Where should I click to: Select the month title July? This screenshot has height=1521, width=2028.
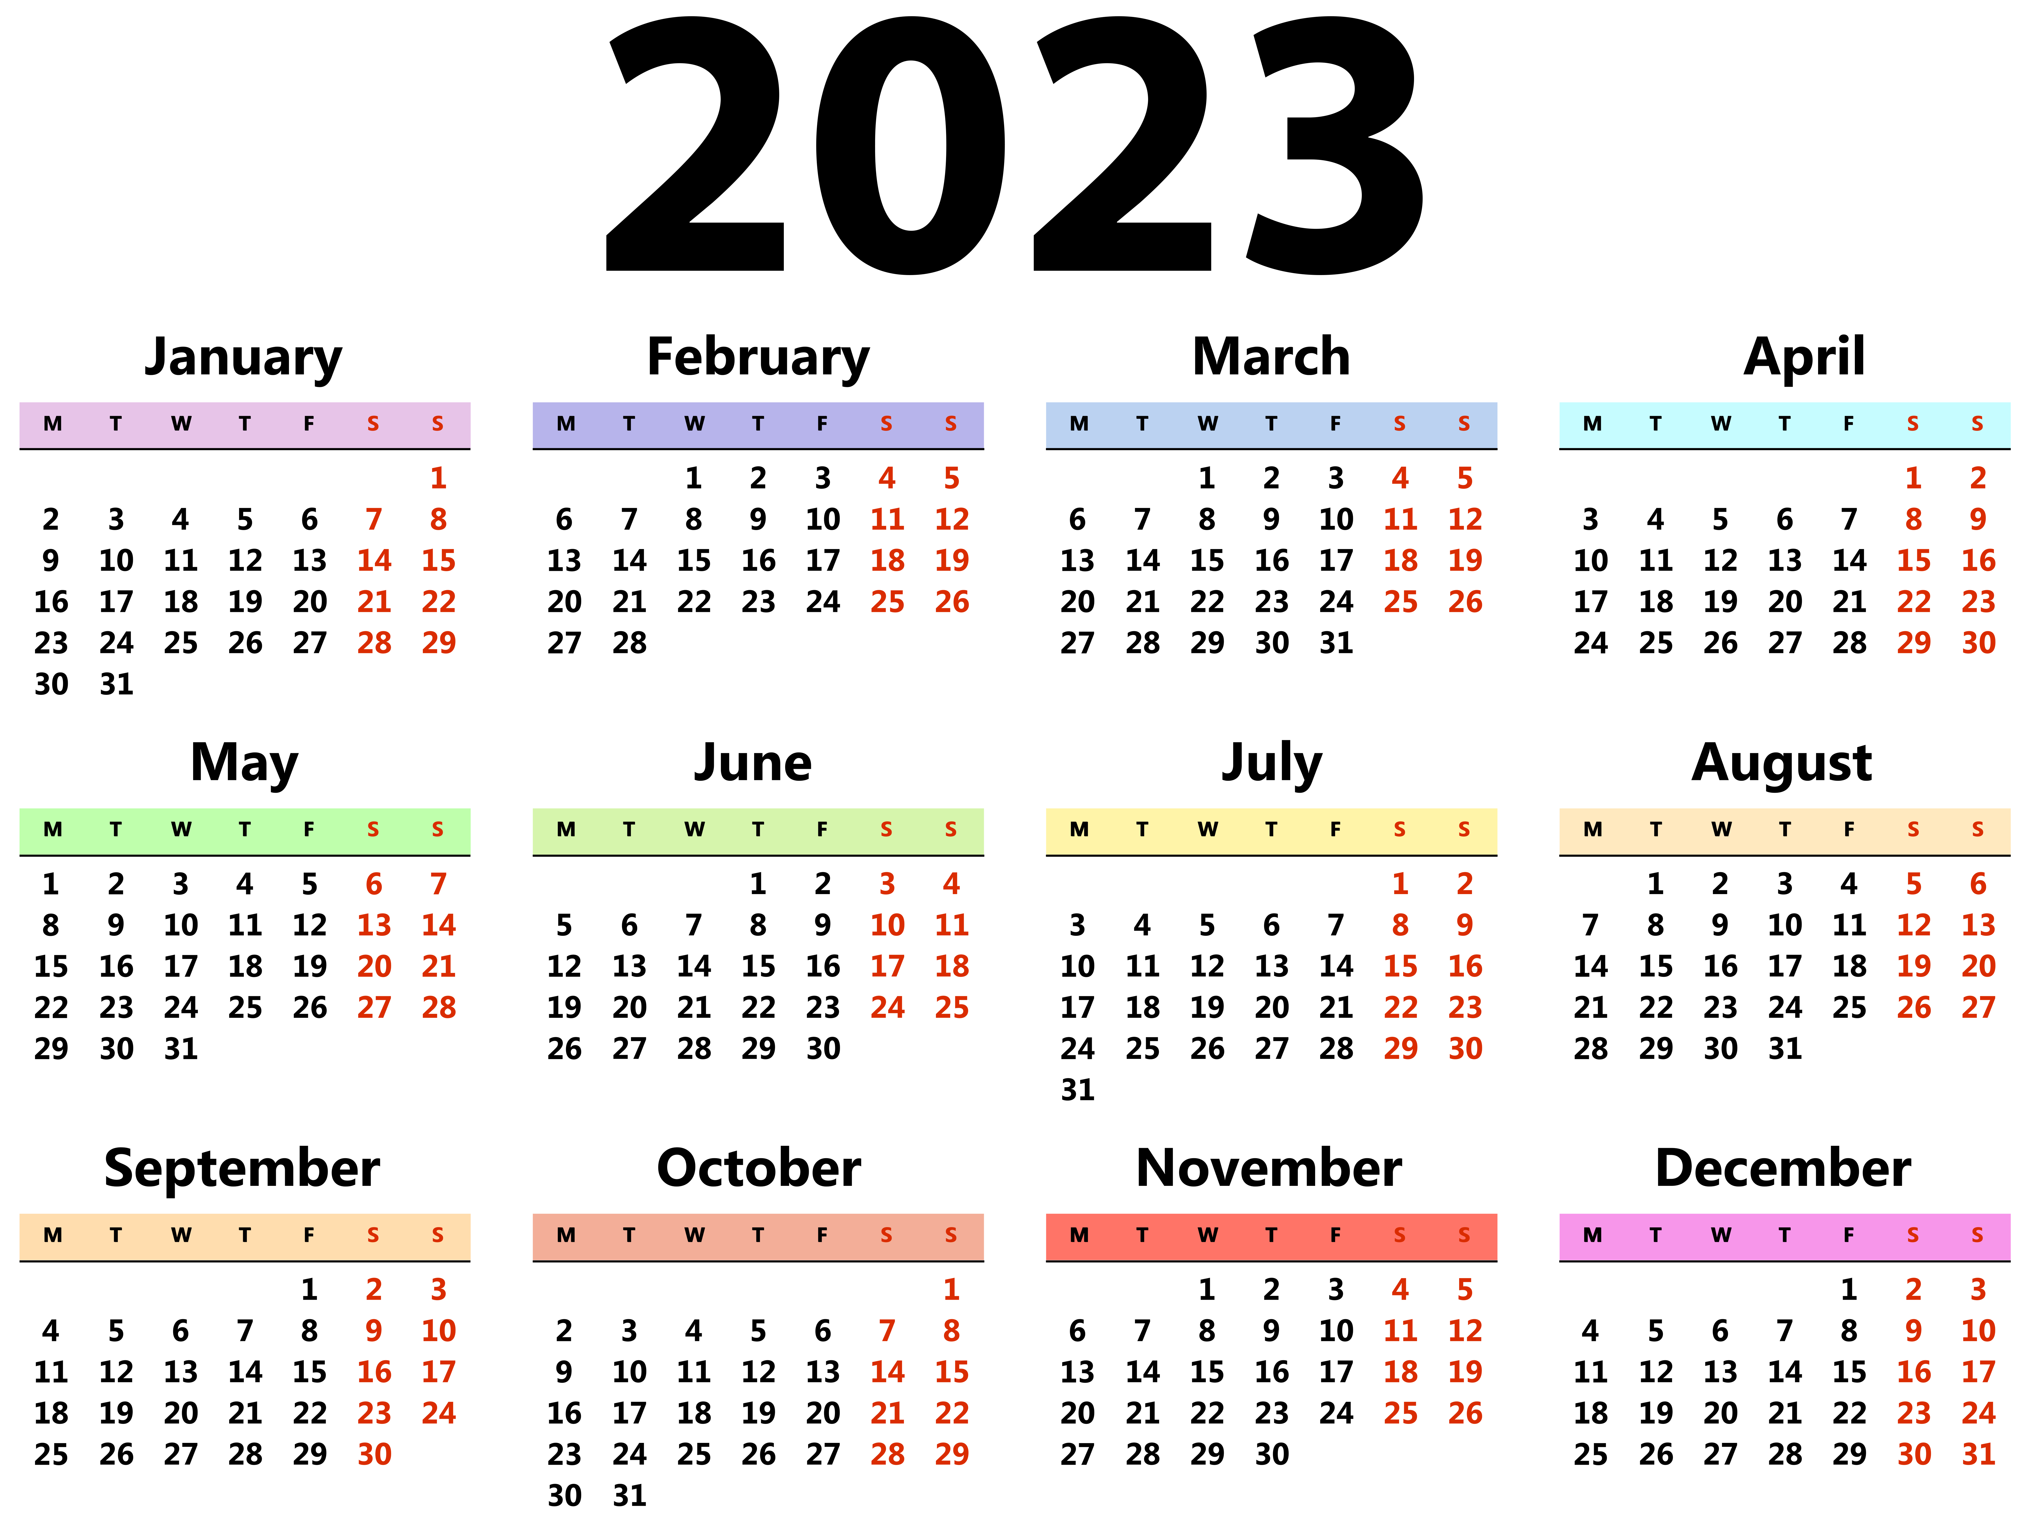pos(1272,763)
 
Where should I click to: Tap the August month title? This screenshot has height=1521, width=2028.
pos(1781,763)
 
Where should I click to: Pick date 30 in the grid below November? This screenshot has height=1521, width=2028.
pos(1272,1454)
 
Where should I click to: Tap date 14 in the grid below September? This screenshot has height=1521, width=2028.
pos(245,1371)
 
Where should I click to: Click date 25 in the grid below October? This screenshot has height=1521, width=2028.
pos(694,1454)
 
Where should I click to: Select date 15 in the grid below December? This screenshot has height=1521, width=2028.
pos(1849,1371)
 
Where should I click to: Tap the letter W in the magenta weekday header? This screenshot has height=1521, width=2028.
pos(1721,1235)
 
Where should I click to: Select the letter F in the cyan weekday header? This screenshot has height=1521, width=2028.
pos(1848,424)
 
